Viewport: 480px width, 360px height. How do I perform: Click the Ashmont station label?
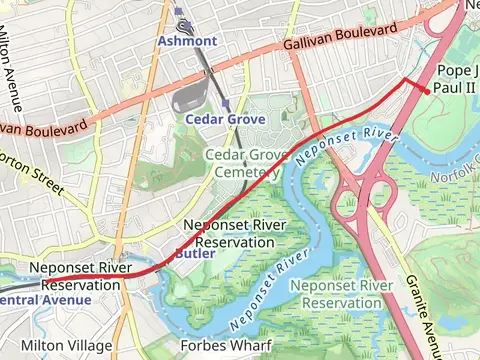click(x=187, y=41)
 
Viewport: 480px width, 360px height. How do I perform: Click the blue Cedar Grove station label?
click(x=225, y=119)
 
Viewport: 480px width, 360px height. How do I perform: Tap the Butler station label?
click(x=194, y=254)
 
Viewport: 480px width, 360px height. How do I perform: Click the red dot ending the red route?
click(x=427, y=91)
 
